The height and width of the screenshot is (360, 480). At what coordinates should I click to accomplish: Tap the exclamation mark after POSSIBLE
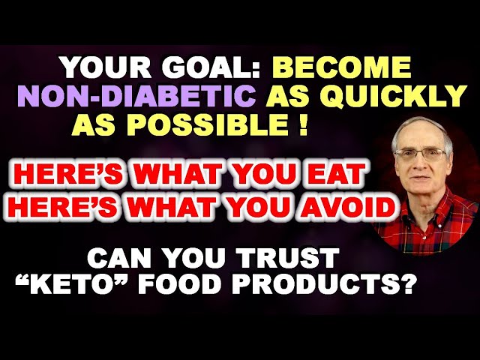click(x=302, y=124)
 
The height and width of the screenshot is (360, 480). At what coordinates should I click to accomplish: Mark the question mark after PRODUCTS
click(x=408, y=287)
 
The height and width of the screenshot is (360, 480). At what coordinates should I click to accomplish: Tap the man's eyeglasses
click(x=421, y=154)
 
